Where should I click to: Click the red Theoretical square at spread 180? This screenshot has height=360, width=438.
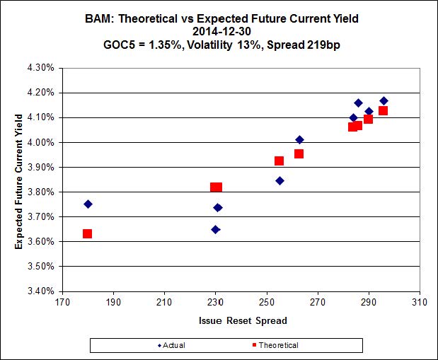click(87, 233)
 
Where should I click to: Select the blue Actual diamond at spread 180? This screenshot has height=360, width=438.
click(88, 204)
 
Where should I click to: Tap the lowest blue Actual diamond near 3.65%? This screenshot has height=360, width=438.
click(215, 229)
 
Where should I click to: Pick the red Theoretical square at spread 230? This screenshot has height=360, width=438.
click(216, 187)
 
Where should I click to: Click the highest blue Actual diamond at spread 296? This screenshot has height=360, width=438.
click(384, 101)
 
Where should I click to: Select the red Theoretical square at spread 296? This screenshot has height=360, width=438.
click(383, 110)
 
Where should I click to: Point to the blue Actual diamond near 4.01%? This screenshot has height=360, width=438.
click(299, 139)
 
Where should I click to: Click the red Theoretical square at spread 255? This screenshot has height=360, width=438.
click(279, 161)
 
